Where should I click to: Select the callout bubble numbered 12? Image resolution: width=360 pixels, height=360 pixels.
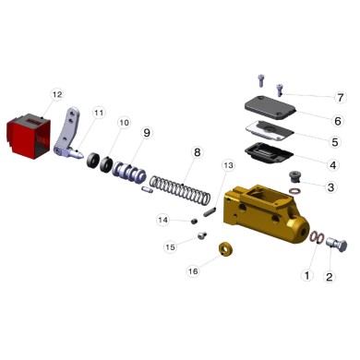point(56,94)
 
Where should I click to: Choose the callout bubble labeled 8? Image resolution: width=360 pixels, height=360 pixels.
point(196,151)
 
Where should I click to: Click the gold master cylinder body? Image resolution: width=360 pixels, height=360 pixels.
point(265,213)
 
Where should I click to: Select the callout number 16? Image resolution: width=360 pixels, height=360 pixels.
point(192,271)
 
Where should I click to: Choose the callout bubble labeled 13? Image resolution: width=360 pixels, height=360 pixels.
point(229,164)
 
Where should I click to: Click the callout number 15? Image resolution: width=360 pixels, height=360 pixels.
point(170,247)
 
